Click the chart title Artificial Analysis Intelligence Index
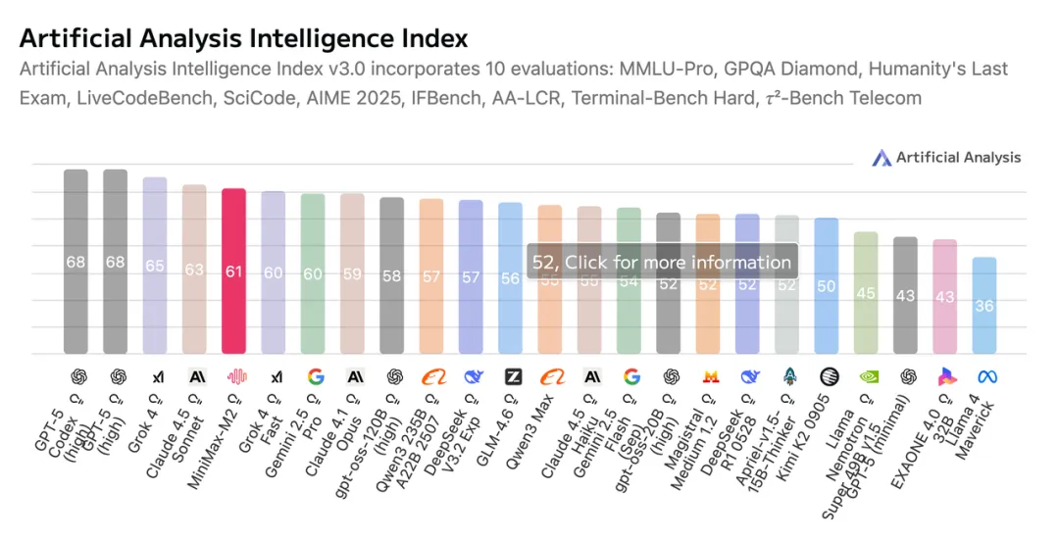(243, 38)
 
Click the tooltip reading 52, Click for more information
(662, 262)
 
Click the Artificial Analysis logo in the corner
(946, 157)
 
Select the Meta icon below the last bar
(984, 376)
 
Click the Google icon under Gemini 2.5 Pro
(315, 376)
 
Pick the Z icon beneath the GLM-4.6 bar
(512, 376)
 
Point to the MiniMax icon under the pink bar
(234, 376)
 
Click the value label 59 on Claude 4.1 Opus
(352, 275)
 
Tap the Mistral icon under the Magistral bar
(710, 376)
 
